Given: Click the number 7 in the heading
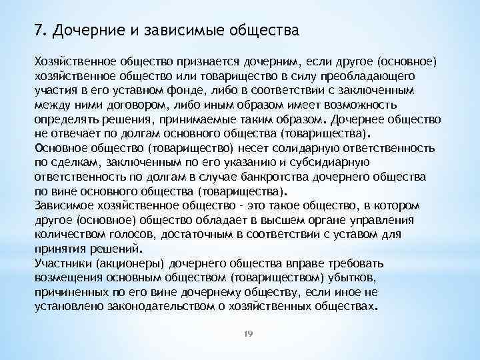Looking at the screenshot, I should (38, 31).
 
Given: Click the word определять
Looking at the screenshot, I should (65, 120).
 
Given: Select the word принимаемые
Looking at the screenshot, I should (209, 120).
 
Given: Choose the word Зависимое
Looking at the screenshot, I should (65, 207).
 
